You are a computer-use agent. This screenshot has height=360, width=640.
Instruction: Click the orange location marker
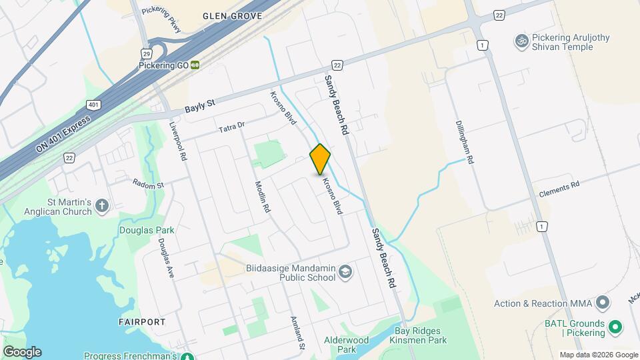[320, 159]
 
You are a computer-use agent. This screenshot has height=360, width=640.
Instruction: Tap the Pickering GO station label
[163, 65]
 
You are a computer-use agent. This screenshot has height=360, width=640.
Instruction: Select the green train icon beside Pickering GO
[195, 65]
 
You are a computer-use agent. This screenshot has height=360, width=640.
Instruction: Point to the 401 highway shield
[92, 105]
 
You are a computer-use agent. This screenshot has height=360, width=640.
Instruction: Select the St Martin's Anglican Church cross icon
[102, 205]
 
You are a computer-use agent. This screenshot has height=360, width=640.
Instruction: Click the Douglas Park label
[147, 230]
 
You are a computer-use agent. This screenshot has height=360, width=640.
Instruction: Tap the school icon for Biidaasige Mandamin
[345, 271]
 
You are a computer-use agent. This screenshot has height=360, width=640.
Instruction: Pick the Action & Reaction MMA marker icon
[603, 304]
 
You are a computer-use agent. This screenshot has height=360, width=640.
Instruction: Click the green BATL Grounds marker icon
[616, 327]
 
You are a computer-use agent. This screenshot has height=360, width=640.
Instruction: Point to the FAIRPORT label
[142, 322]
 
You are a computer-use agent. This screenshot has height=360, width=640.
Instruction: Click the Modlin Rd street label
[262, 197]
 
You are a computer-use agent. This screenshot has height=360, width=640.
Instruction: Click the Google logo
[22, 351]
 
